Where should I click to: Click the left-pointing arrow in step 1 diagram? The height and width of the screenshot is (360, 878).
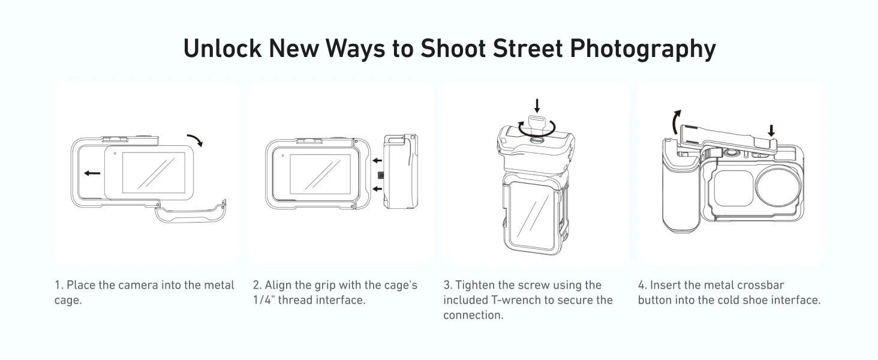pyautogui.click(x=92, y=173)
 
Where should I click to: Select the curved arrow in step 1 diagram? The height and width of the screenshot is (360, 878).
pyautogui.click(x=196, y=139)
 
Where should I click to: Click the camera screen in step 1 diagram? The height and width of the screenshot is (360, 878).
pyautogui.click(x=154, y=173)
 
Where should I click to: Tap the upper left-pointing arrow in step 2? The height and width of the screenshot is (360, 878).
pyautogui.click(x=377, y=160)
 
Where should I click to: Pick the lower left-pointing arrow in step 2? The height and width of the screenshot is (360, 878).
pyautogui.click(x=377, y=189)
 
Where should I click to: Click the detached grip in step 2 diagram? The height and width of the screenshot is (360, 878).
pyautogui.click(x=400, y=172)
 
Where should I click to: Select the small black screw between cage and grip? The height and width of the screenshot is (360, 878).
pyautogui.click(x=380, y=175)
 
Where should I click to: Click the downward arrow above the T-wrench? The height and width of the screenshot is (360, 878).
pyautogui.click(x=537, y=106)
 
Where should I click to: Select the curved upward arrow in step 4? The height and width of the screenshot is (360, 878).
pyautogui.click(x=676, y=122)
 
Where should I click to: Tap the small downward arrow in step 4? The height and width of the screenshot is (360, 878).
pyautogui.click(x=771, y=131)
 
